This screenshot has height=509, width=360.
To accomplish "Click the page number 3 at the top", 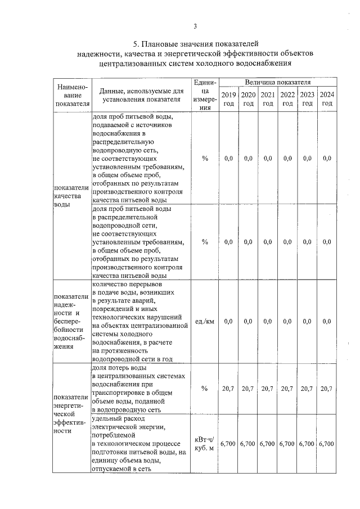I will (x=195, y=26).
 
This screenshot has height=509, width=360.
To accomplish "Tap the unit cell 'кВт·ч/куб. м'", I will (x=205, y=443).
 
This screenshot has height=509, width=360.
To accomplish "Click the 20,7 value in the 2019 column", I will (x=228, y=389).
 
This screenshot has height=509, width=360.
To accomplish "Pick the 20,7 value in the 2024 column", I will (x=327, y=389).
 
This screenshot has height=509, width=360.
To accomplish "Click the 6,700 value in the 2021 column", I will (x=268, y=443).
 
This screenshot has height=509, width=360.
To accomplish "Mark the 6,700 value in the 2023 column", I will (x=307, y=443).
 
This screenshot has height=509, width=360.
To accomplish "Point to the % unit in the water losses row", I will (x=205, y=389).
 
